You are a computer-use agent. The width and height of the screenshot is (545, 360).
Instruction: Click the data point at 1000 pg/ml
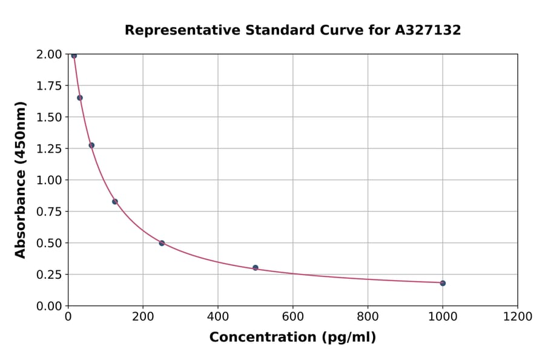(x=443, y=283)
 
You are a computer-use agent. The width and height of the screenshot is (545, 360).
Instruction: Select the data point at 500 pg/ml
(x=256, y=267)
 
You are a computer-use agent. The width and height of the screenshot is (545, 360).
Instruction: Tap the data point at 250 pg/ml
(x=162, y=243)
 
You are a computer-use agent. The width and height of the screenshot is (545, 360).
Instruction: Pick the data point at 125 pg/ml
(x=114, y=201)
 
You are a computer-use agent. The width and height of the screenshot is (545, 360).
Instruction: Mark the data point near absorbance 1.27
(x=91, y=145)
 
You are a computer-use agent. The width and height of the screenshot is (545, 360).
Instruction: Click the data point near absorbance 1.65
(x=80, y=98)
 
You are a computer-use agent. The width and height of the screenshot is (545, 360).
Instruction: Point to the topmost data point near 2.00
(x=74, y=56)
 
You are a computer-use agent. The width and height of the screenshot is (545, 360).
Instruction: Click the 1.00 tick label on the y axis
(x=48, y=180)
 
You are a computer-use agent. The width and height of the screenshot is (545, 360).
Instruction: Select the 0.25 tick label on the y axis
(x=48, y=275)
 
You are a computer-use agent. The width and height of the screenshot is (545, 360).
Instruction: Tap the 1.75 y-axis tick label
(x=48, y=85)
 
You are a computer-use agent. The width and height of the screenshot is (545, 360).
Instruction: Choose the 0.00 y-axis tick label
(x=48, y=306)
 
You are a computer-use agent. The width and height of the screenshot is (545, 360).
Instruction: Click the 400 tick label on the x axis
(x=218, y=317)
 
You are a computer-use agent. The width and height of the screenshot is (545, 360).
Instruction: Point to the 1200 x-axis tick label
(x=517, y=317)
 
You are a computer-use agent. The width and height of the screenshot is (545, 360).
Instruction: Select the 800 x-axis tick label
(x=368, y=317)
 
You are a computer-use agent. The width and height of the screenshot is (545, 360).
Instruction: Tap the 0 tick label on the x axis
(x=68, y=317)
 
